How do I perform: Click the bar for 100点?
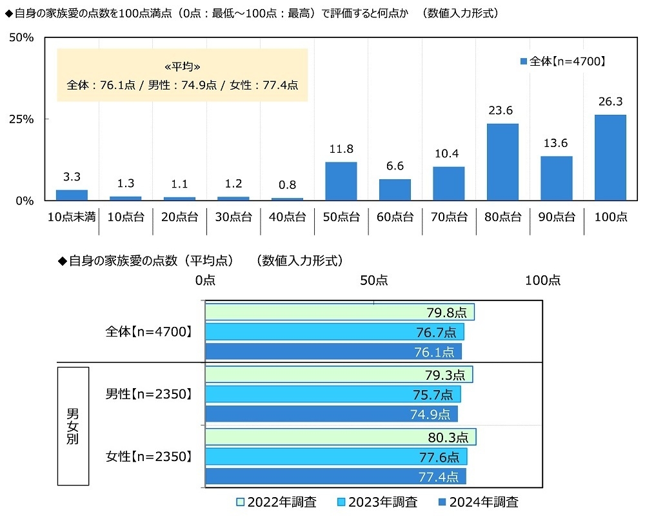point(610,157)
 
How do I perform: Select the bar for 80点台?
point(502,162)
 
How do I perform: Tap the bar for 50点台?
point(341,181)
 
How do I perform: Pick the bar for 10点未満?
point(72,195)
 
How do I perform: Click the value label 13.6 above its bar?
point(556,143)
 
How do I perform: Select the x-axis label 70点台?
point(448,217)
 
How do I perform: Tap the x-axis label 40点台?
point(287,217)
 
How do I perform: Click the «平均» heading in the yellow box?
point(183,67)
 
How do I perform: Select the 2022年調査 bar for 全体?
point(339,312)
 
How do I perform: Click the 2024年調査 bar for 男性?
point(331,414)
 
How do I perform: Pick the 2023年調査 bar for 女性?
point(335,457)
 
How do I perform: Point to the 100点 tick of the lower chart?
point(542,280)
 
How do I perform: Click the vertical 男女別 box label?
point(73,426)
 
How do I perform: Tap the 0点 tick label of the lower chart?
point(205,280)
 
